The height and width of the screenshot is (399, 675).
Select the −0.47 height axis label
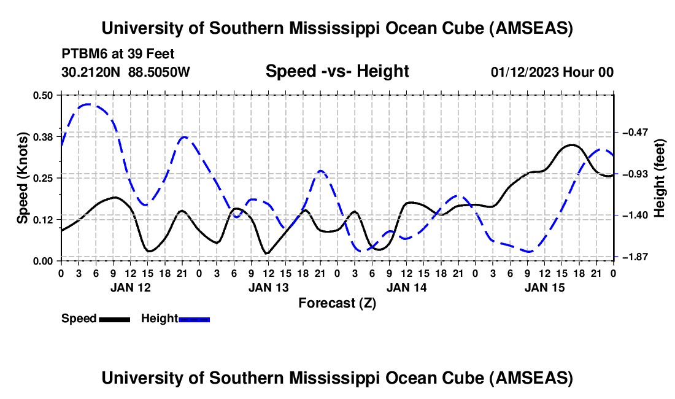click(633, 132)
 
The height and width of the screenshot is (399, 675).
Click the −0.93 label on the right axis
click(633, 174)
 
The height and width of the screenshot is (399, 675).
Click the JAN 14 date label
click(406, 287)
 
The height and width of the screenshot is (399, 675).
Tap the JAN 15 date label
click(544, 287)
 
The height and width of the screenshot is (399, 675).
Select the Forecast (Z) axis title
click(337, 303)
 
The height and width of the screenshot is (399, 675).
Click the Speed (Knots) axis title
click(22, 177)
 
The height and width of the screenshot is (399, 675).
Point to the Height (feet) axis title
click(660, 177)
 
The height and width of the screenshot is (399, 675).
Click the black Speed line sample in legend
click(114, 319)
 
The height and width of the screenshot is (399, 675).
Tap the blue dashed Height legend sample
click(195, 319)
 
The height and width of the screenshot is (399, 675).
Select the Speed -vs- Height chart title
click(337, 71)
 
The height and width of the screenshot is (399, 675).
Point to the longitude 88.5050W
click(159, 72)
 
